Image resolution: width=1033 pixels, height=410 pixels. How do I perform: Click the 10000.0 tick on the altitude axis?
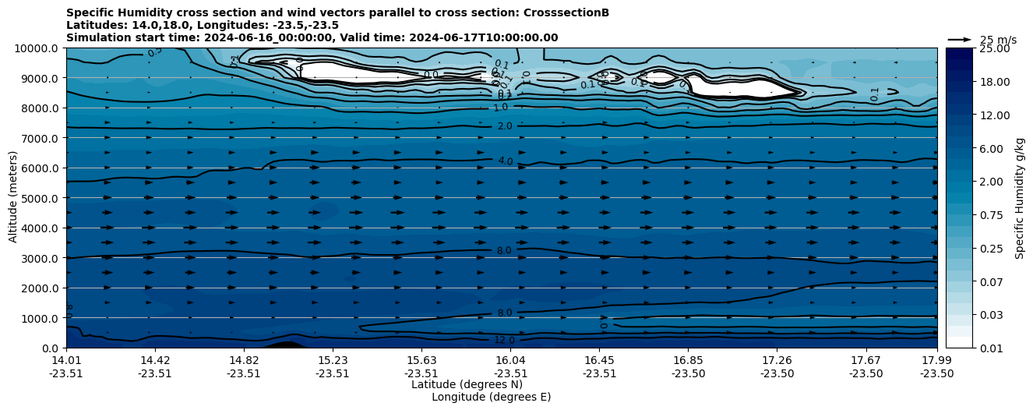pyautogui.click(x=37, y=48)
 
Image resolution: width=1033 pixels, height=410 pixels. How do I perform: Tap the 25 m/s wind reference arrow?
pyautogui.click(x=960, y=39)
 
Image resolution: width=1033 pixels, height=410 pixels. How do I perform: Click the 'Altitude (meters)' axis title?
pyautogui.click(x=13, y=198)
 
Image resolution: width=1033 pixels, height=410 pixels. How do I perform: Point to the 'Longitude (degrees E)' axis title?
pyautogui.click(x=491, y=397)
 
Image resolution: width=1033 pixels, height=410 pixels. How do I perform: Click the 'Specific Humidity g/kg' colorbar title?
pyautogui.click(x=1020, y=198)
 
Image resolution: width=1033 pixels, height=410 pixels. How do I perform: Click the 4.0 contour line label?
pyautogui.click(x=506, y=161)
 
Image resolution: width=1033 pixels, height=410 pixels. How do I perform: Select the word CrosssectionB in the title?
pyautogui.click(x=567, y=12)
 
